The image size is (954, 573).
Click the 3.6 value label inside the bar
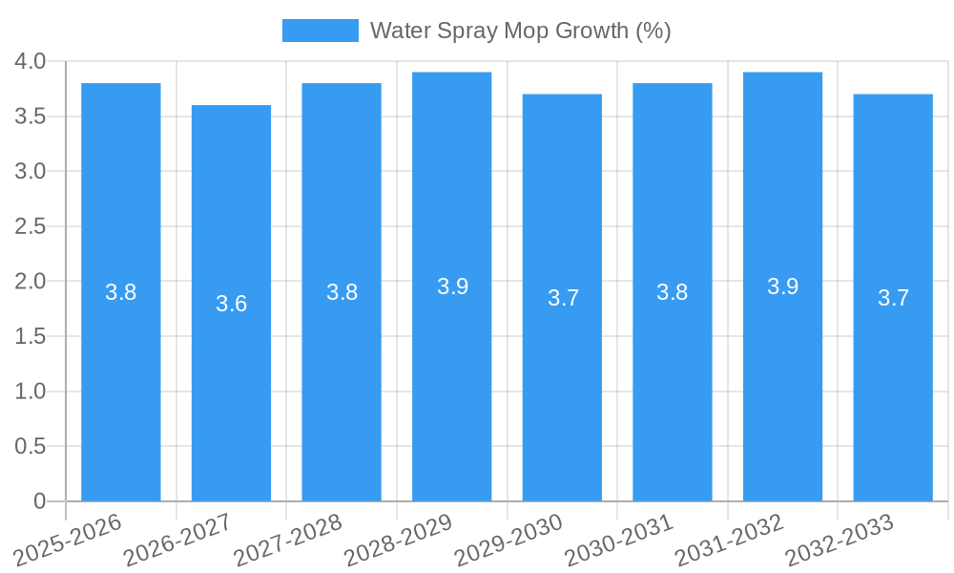[x=231, y=304]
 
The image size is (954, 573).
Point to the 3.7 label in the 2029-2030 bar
[x=563, y=298]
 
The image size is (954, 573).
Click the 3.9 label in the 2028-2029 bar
[x=452, y=286]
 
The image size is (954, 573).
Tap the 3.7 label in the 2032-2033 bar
[x=893, y=298]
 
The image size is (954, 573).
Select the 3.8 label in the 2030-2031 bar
[x=672, y=292]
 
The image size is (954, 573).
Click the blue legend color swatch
[x=320, y=31]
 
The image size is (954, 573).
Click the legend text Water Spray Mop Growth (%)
[x=520, y=31]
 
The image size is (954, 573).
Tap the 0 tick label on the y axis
[x=39, y=501]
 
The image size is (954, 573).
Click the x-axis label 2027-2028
[x=287, y=541]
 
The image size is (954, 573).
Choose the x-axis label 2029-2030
[x=508, y=541]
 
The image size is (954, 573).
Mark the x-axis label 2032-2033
[x=839, y=541]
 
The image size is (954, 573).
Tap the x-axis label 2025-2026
[x=67, y=541]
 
